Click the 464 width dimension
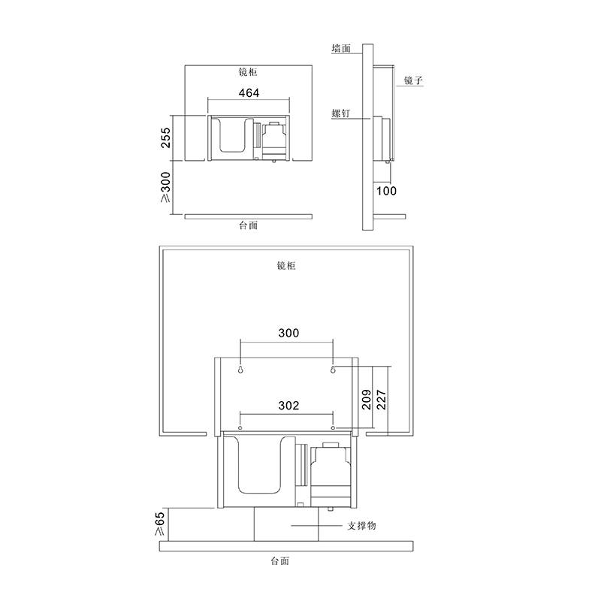(x=249, y=92)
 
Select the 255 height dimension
(x=165, y=137)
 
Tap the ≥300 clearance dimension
(x=165, y=186)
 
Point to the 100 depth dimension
(x=386, y=191)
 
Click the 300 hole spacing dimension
(x=288, y=333)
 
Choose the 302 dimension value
(x=288, y=406)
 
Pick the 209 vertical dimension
(x=367, y=400)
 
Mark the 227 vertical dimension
(x=382, y=400)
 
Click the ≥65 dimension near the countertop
(x=159, y=524)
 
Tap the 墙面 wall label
(x=341, y=48)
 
